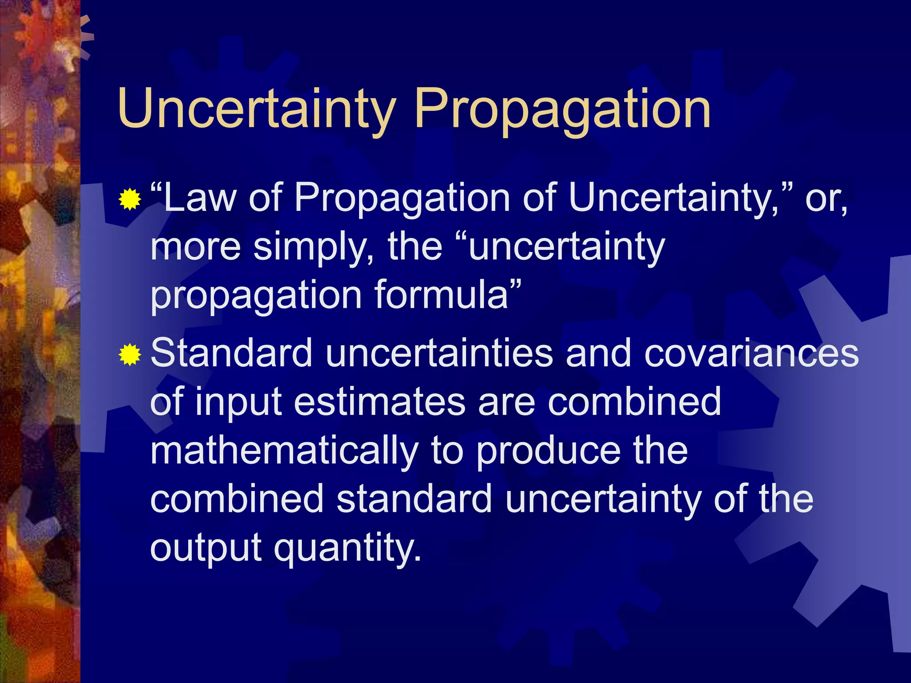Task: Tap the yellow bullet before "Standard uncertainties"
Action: [130, 354]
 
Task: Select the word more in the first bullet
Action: [196, 247]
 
